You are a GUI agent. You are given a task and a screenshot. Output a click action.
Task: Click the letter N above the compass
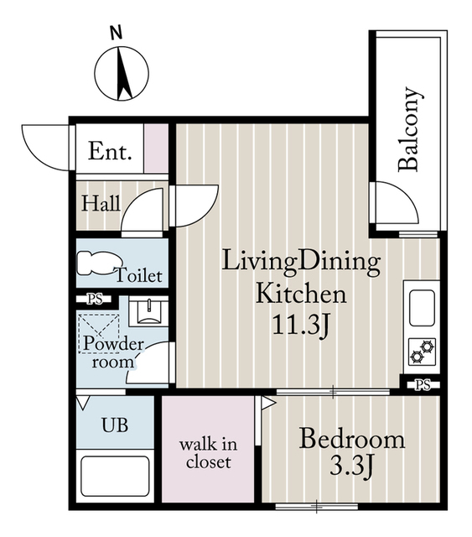coord(117,34)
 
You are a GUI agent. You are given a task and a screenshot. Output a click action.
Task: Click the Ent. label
coord(110,151)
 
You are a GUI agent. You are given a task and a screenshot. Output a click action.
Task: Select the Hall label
coord(101,203)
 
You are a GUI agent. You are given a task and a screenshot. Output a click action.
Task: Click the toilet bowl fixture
coord(96,263)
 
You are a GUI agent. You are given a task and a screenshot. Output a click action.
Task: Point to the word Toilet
coord(138,274)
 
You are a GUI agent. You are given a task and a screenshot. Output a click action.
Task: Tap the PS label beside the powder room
coord(95,300)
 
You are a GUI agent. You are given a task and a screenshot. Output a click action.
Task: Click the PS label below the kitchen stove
coord(423,385)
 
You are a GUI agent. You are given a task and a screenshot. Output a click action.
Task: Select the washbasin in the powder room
coord(148,311)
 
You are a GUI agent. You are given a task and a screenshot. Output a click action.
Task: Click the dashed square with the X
coord(99,334)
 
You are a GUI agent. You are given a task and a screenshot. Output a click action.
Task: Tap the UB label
coord(115,425)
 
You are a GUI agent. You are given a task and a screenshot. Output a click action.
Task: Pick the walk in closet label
coord(208,453)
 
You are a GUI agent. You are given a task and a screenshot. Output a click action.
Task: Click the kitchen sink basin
coord(422,308)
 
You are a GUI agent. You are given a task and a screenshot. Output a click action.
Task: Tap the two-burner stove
coord(423,352)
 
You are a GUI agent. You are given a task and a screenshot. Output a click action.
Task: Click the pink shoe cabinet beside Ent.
coord(156,149)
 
